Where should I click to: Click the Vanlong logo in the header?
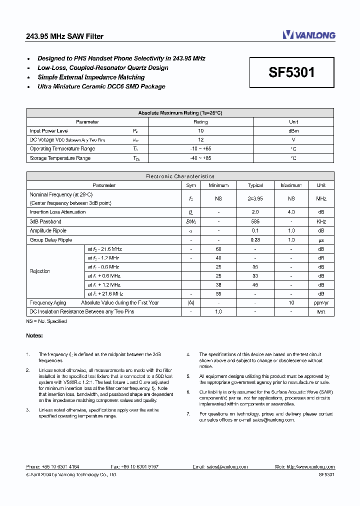coord(308,34)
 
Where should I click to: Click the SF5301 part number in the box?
coord(292,72)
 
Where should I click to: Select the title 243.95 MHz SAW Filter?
coord(64,36)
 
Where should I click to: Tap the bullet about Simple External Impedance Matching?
coord(91,77)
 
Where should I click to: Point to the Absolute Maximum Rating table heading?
coord(180,113)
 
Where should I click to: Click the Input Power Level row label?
coord(49,130)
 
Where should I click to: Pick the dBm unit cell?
coord(293,130)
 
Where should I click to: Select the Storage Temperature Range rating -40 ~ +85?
coord(200,158)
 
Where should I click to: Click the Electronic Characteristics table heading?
coord(180,176)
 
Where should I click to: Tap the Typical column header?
coord(255,185)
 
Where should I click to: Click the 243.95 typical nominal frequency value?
coord(255,198)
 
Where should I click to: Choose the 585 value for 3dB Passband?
coord(255,221)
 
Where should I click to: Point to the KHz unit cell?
coord(321,221)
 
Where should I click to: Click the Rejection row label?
coord(40,271)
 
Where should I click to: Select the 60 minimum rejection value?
coord(218,248)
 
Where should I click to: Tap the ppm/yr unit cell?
coord(321,302)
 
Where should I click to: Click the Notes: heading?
coord(34,335)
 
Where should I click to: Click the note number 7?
coord(188,413)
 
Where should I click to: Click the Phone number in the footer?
coord(52,466)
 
